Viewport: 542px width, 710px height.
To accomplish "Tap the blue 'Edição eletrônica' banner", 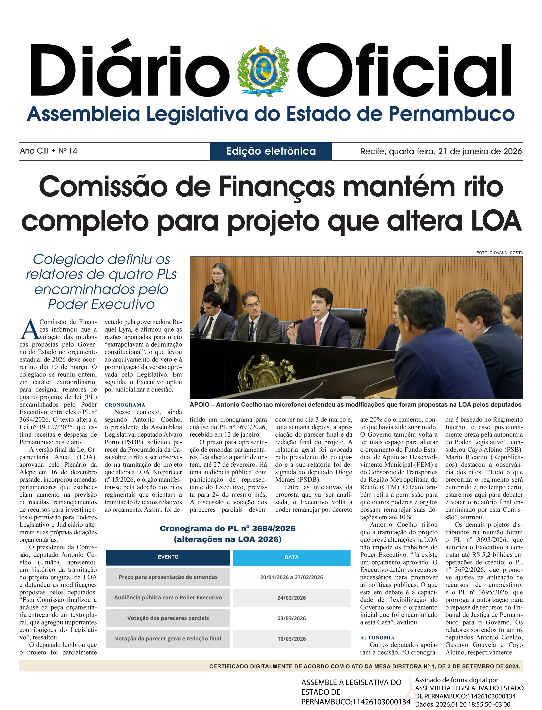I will tap(271, 151).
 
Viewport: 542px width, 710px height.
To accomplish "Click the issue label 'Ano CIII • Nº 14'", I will tap(48, 151).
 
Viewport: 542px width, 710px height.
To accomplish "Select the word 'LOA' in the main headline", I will tap(496, 221).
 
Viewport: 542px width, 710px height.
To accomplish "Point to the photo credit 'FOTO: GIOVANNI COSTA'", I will tap(499, 252).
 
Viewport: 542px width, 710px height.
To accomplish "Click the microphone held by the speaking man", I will tap(297, 322).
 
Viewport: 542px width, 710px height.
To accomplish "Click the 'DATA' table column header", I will tap(291, 557).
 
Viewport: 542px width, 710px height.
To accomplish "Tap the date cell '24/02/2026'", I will tap(291, 597).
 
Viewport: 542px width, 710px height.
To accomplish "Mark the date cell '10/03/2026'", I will tap(291, 638).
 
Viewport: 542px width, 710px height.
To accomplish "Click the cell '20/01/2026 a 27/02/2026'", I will tap(291, 577).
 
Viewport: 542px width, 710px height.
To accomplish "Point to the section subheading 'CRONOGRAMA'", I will tap(125, 405).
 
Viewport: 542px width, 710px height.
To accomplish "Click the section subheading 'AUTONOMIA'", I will tap(377, 638).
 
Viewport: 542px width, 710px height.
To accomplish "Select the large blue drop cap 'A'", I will tap(30, 330).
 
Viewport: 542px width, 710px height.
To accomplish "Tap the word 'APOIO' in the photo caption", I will tap(199, 405).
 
